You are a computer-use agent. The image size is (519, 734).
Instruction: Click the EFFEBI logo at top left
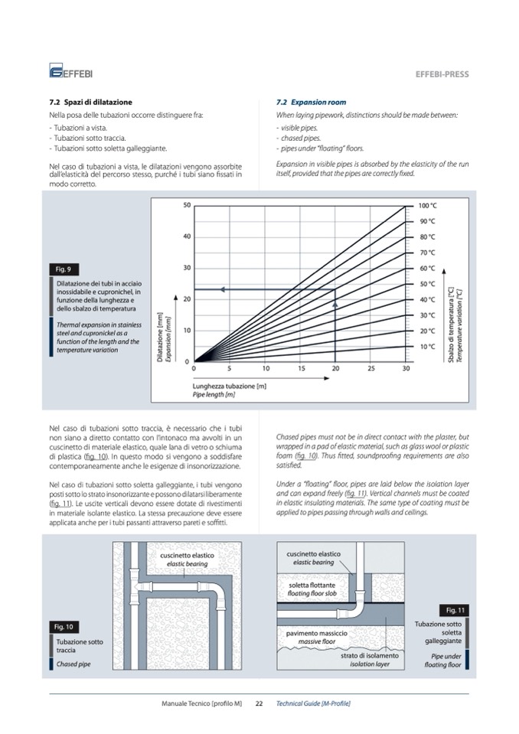coord(70,72)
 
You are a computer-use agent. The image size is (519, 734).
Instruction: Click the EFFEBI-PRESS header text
coord(442,74)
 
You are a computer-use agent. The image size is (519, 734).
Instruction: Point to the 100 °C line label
coord(427,206)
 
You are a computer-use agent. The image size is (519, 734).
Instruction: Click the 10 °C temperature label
coord(426,346)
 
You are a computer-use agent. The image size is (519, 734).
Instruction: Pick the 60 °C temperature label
coord(426,268)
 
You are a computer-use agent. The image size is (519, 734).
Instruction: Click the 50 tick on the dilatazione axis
coord(187,205)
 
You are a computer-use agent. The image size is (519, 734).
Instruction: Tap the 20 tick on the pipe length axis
coord(335,369)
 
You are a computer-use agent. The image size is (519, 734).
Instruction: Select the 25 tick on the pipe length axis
coord(370,369)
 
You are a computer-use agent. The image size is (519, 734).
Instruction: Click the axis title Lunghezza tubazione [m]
coord(229,386)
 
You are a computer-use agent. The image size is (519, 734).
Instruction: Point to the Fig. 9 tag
coord(64,269)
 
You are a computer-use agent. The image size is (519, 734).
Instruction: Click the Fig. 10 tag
coord(64,627)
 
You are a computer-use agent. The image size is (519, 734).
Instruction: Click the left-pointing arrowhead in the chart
coord(220,289)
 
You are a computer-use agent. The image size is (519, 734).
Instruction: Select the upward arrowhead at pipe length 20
coord(335,304)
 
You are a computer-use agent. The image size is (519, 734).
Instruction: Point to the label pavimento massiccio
coord(317,634)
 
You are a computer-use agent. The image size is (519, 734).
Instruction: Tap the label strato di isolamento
coord(370,656)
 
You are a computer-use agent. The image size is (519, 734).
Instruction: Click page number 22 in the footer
coord(259,703)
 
